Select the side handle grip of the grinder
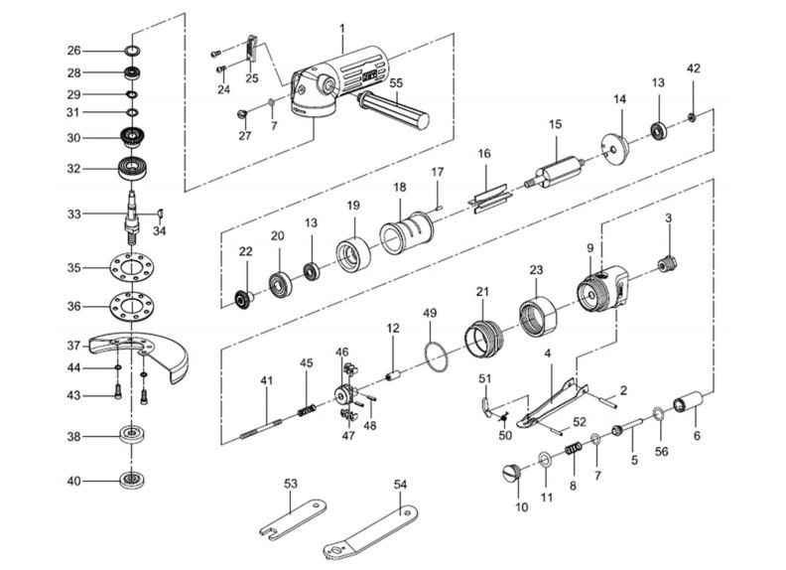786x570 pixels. [x=395, y=109]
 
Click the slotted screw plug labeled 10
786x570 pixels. [x=512, y=473]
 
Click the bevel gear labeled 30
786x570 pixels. [x=131, y=137]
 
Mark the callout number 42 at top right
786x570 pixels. [x=693, y=69]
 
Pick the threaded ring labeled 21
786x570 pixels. [x=483, y=332]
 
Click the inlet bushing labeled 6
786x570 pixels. [x=688, y=406]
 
